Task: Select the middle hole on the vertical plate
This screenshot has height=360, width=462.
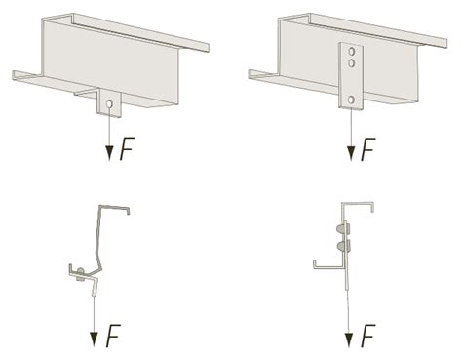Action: (x=352, y=64)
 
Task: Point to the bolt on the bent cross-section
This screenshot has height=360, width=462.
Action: (x=81, y=273)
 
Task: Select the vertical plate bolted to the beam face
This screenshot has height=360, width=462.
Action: (x=352, y=74)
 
